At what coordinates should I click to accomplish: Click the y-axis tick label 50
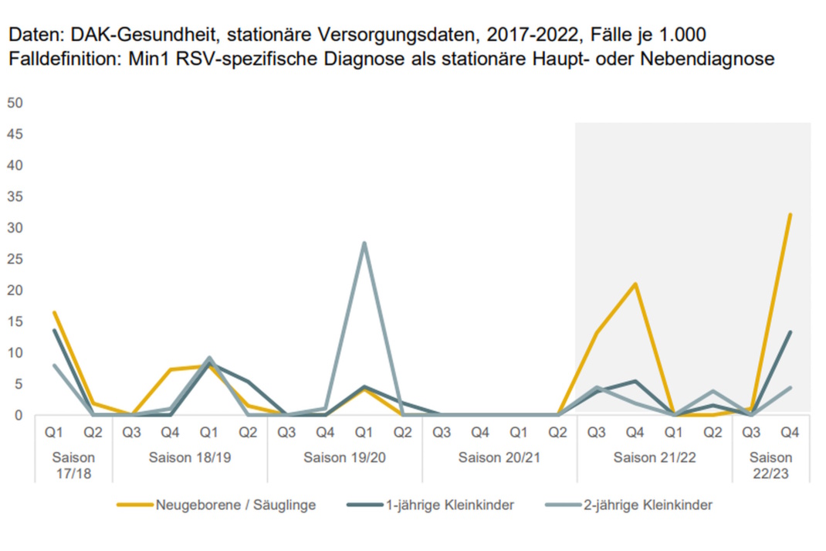[15, 103]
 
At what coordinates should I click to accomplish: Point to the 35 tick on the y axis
[15, 196]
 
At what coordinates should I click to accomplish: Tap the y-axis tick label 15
[15, 321]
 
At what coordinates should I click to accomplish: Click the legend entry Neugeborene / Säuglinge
[235, 505]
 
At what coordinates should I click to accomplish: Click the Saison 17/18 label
[74, 464]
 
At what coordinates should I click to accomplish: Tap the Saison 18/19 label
[190, 457]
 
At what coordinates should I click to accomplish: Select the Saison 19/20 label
[344, 457]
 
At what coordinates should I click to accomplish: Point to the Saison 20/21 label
[499, 457]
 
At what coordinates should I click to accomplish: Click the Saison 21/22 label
[655, 457]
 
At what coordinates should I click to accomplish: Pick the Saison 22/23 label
[770, 464]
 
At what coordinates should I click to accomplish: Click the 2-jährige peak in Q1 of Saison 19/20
[364, 243]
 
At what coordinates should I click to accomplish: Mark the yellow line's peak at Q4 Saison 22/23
[790, 214]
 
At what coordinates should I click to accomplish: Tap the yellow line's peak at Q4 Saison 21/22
[635, 284]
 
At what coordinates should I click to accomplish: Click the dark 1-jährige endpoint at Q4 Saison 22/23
[790, 332]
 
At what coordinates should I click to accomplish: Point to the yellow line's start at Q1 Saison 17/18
[54, 312]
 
